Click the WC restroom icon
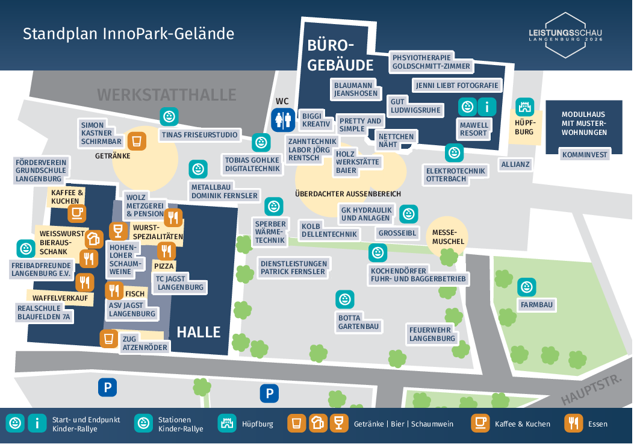283,120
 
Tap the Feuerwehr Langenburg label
432,334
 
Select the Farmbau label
537,305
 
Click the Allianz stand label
515,164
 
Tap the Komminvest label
585,155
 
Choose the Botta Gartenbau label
358,322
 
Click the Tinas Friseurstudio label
200,135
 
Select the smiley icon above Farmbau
527,287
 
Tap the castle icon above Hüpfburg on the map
525,107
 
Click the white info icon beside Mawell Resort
486,107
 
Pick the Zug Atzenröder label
145,343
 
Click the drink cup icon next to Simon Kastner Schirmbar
137,141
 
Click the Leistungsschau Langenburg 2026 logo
565,35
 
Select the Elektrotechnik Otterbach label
455,175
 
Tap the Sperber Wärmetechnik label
270,232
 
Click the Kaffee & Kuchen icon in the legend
480,423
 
